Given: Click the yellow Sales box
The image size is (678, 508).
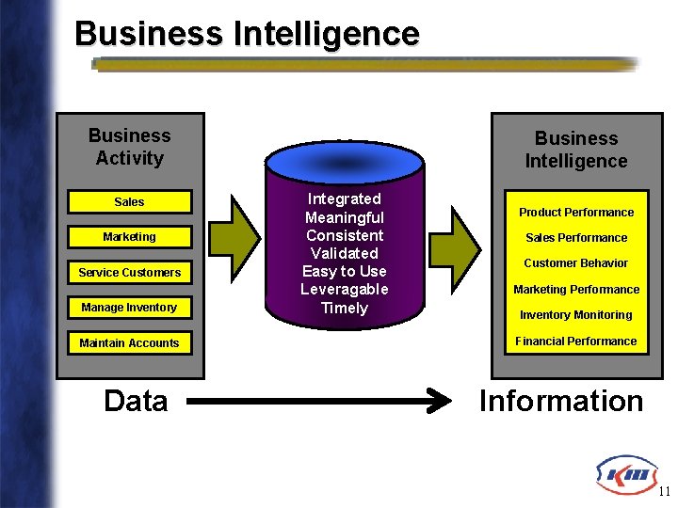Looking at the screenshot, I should (x=129, y=202).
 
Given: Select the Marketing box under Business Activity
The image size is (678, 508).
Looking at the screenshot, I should (x=129, y=237).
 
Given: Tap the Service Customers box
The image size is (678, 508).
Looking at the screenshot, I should (x=129, y=273).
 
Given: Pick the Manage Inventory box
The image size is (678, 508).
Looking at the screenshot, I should (x=129, y=308).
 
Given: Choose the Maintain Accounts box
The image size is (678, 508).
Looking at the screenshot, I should (x=129, y=343).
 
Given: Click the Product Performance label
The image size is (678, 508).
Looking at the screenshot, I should (x=576, y=213).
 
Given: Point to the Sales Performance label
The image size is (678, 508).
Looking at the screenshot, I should (x=576, y=238).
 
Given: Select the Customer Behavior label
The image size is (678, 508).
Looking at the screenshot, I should (x=576, y=263).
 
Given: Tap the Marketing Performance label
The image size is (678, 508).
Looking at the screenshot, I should (x=576, y=290).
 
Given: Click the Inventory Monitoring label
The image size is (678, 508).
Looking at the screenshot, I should (x=576, y=315).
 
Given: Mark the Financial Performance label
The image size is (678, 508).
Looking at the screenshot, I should (x=576, y=341).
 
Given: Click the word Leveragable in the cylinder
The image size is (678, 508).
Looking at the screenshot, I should (x=344, y=290).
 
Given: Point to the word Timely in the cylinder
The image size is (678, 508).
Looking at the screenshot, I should (x=344, y=308).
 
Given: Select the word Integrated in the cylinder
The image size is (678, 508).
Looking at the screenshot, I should (x=344, y=199).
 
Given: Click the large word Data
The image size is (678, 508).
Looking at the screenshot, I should (x=136, y=402).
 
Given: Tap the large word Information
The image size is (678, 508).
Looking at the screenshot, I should (x=561, y=402).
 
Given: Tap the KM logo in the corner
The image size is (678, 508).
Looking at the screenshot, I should (x=624, y=472).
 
